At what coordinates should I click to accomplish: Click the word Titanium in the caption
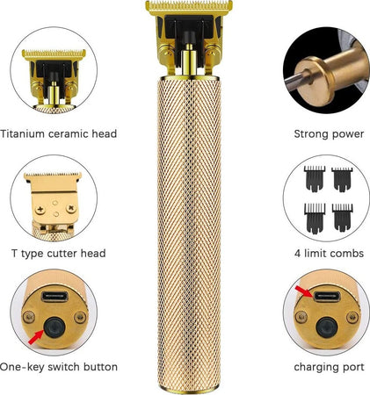click(23, 133)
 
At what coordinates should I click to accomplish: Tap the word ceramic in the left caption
click(69, 134)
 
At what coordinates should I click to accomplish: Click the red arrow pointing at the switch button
click(35, 338)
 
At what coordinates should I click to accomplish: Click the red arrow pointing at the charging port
click(305, 292)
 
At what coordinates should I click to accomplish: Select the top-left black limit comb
click(315, 178)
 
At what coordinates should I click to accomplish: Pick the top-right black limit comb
click(342, 179)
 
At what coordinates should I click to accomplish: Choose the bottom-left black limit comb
click(315, 219)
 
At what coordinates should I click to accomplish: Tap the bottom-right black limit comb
click(342, 218)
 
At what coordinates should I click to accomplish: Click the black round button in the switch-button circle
click(54, 327)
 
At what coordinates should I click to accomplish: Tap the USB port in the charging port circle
click(327, 297)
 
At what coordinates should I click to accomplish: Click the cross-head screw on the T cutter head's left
click(40, 210)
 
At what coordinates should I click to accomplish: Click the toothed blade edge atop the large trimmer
click(189, 4)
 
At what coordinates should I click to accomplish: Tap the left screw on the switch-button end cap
click(28, 317)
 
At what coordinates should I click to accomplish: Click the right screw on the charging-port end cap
click(352, 317)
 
